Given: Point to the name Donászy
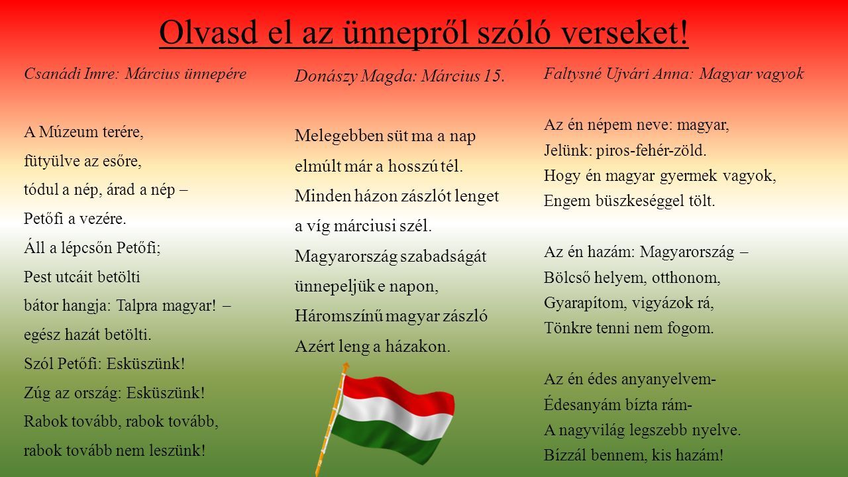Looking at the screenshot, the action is click(x=325, y=76).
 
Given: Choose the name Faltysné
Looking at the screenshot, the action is click(x=572, y=74).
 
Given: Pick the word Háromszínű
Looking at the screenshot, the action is click(x=339, y=316).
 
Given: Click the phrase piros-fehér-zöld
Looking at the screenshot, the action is click(x=651, y=150).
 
